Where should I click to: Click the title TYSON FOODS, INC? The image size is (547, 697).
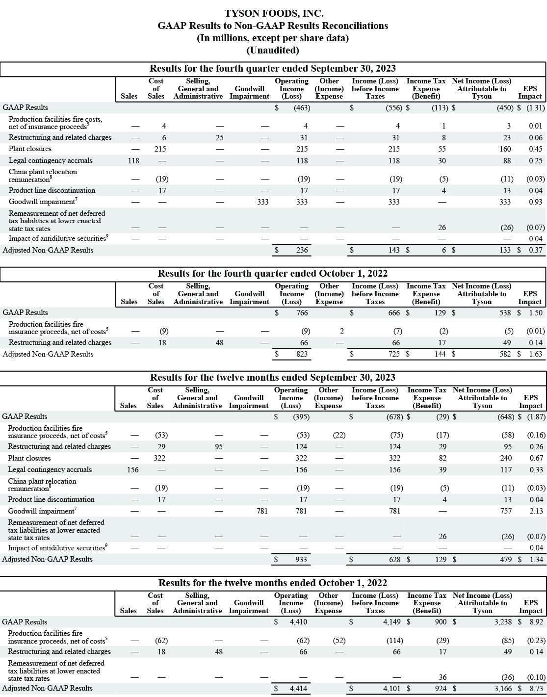pos(274,13)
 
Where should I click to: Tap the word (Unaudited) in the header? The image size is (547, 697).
pos(273,50)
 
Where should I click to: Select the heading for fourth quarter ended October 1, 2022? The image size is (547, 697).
pos(273,274)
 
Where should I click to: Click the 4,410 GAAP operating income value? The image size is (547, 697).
pos(298,622)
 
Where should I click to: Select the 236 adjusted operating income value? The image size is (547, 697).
pos(302,250)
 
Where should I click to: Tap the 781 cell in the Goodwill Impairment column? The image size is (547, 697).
pos(262,511)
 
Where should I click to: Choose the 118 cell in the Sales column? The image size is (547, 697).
pos(133,160)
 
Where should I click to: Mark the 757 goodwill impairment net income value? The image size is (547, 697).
pos(505,511)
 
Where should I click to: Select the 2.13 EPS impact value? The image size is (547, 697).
pos(536,511)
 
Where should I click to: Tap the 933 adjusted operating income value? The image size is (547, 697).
pos(301,560)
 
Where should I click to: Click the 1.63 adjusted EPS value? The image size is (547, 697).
pos(536,354)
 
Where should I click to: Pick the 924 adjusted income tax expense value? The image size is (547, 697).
pos(441,689)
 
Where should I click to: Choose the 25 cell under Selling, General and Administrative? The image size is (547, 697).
pos(219,138)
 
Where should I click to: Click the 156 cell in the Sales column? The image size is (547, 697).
pos(132,470)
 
